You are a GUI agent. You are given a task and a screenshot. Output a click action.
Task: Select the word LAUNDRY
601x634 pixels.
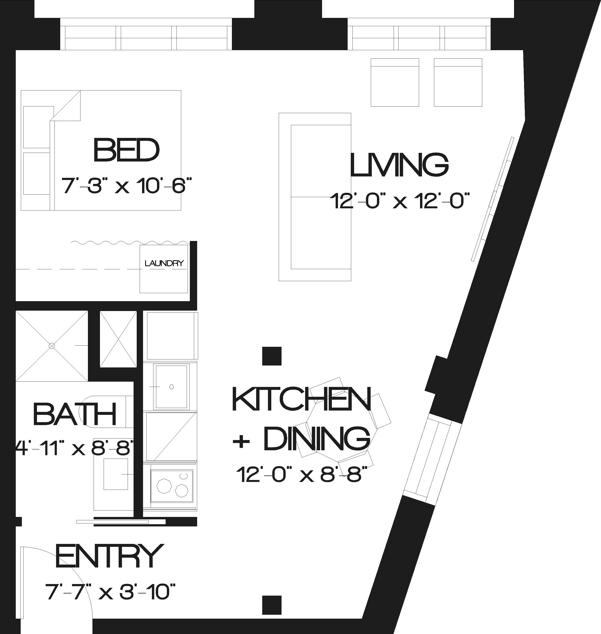pyautogui.click(x=164, y=263)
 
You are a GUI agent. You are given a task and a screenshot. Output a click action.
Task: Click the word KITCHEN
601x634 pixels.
pyautogui.click(x=301, y=399)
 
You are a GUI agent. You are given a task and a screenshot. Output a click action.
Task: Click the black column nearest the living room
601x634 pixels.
pyautogui.click(x=272, y=356)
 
